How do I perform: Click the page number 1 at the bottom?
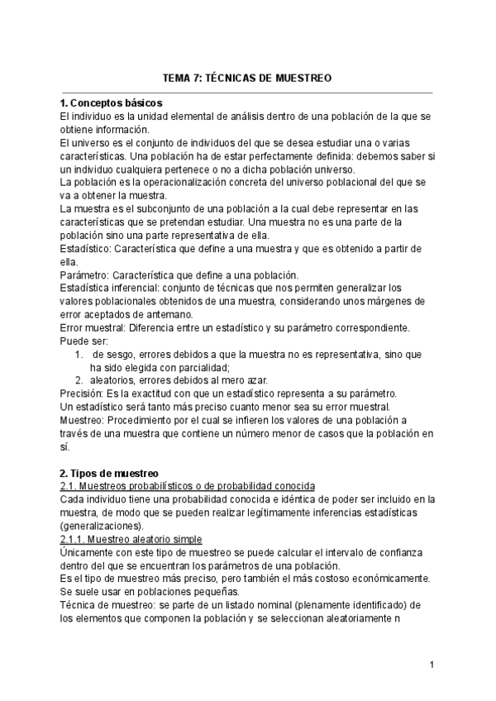point(432,664)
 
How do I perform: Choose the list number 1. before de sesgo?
point(79,354)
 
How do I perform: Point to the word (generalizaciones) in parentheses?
point(102,526)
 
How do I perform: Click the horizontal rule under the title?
point(248,92)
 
